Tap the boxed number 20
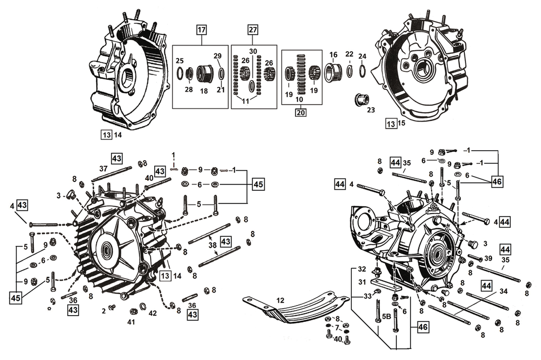point(301,112)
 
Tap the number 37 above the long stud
point(104,169)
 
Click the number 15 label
point(402,124)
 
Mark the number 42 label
point(153,313)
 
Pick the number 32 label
point(361,269)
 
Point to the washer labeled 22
point(350,71)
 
